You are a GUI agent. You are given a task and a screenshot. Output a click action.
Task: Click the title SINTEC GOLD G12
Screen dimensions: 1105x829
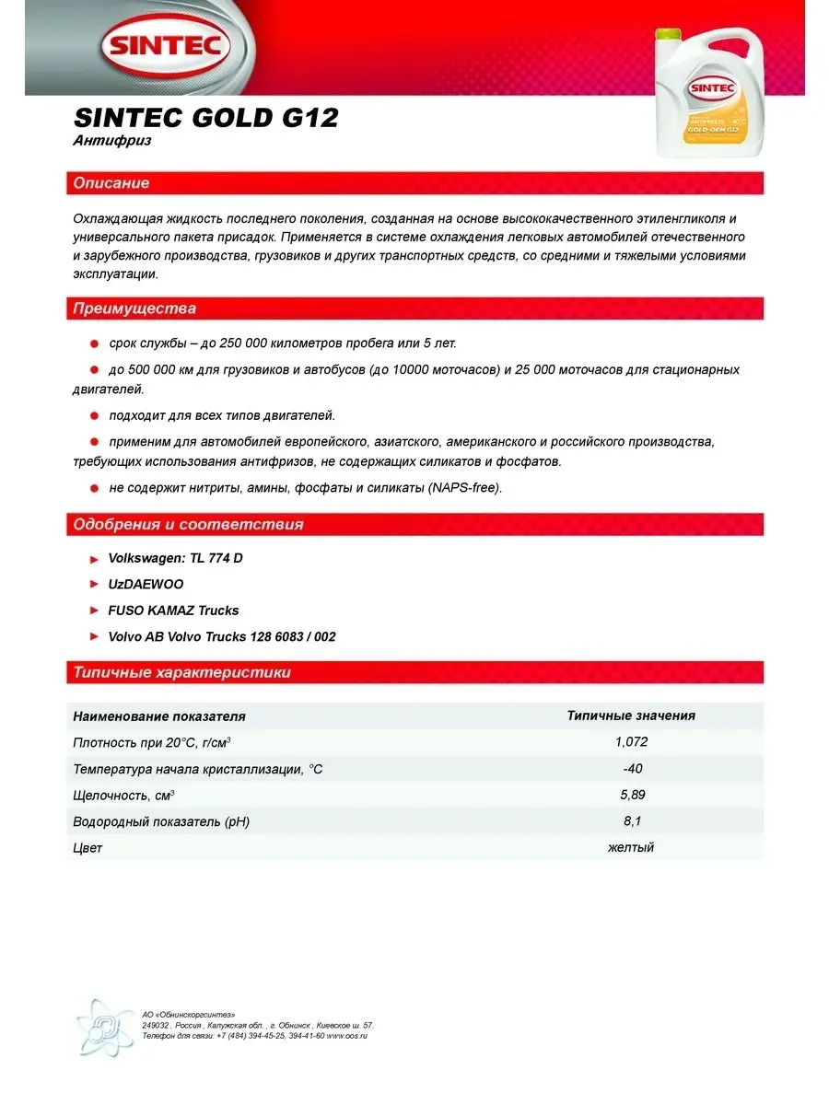(x=204, y=119)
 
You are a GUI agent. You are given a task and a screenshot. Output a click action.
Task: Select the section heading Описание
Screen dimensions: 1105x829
(x=111, y=183)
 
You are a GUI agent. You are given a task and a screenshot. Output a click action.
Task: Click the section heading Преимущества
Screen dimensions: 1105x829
(x=134, y=309)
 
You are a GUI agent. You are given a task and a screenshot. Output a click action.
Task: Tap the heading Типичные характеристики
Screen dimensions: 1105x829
(x=181, y=672)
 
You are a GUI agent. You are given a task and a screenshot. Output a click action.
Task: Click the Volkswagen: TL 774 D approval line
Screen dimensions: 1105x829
(x=175, y=558)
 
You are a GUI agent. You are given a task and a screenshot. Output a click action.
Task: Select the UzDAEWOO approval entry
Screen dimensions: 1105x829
(x=146, y=584)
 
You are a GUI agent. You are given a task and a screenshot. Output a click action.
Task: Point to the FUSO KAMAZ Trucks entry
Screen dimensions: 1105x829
(x=173, y=610)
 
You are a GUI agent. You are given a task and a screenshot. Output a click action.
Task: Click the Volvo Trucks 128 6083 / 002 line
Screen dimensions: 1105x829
(x=221, y=636)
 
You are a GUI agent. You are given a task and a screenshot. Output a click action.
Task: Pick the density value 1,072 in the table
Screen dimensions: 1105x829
(x=631, y=741)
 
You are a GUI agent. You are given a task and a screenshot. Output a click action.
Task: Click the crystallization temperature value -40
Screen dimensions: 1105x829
(x=631, y=768)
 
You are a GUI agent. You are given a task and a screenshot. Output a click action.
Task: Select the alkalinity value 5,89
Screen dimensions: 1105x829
(x=631, y=795)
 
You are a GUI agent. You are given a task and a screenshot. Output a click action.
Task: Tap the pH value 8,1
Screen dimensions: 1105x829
(x=631, y=820)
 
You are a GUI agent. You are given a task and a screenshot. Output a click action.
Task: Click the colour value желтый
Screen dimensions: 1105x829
(x=631, y=847)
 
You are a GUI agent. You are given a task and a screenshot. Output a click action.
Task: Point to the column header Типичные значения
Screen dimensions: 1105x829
(x=631, y=715)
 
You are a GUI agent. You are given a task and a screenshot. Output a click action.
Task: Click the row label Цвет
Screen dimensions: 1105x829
(x=88, y=847)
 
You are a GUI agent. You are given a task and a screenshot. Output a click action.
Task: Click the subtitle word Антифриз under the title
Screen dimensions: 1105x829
(x=111, y=141)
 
